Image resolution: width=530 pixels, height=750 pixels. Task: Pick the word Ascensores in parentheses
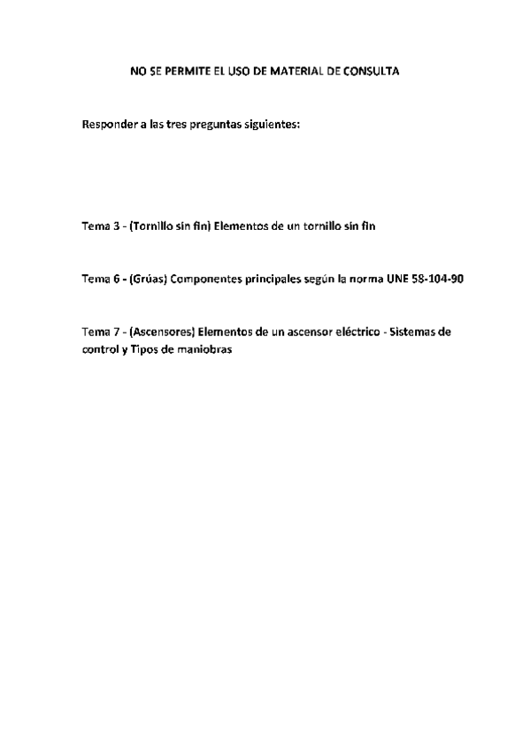pos(161,333)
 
